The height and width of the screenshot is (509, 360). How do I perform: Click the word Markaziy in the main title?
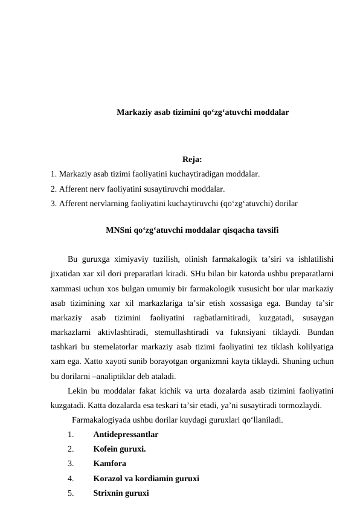click(x=134, y=112)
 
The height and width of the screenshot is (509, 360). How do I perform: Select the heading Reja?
click(x=192, y=160)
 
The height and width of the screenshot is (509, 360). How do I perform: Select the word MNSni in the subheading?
click(x=119, y=230)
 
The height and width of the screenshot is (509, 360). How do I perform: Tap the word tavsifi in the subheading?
click(x=265, y=230)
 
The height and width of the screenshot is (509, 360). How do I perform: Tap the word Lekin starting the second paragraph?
click(x=78, y=390)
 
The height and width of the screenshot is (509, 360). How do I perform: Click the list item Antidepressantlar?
click(x=126, y=434)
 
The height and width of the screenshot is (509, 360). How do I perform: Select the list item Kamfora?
click(x=110, y=464)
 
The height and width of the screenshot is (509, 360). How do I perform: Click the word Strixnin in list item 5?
click(x=109, y=493)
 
